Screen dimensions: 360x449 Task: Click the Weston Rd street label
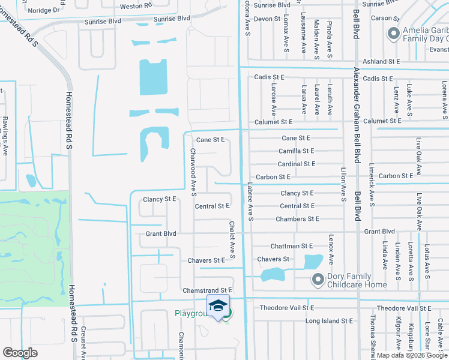tap(136, 6)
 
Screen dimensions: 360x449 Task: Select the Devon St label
tap(267, 19)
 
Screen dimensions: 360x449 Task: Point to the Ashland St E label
tap(382, 61)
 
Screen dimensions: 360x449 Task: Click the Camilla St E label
tap(296, 151)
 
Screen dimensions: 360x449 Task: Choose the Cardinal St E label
tap(296, 164)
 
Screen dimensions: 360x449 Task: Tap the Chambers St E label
tap(297, 219)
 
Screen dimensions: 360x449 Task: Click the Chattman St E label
tap(292, 246)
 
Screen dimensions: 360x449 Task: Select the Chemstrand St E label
tap(207, 290)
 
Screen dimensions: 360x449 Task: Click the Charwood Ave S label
tap(193, 172)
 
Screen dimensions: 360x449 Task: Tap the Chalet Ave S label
tap(231, 235)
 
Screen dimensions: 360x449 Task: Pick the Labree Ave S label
tap(250, 202)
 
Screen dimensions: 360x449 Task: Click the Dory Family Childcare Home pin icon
tap(318, 280)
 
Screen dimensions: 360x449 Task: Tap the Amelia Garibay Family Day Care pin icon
tap(394, 34)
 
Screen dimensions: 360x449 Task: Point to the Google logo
tap(20, 353)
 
